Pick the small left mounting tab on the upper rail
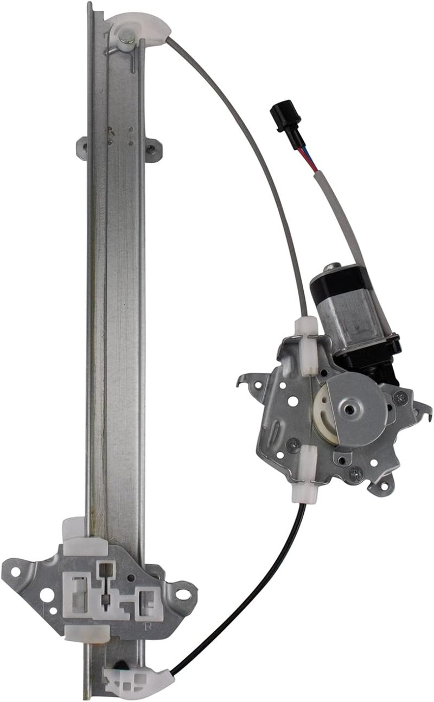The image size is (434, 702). point(82,146)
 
